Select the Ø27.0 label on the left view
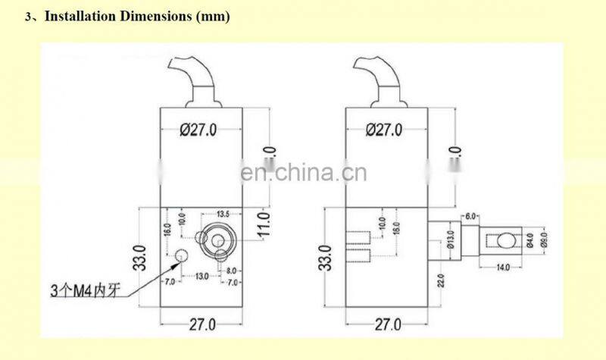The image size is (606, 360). point(198,130)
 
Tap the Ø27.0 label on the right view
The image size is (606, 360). point(383,130)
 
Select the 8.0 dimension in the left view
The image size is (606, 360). point(230,270)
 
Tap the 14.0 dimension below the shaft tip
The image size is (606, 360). point(503,268)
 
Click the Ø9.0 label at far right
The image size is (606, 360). point(544,241)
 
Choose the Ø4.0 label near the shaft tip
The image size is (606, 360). point(531,241)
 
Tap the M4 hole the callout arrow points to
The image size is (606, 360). point(181,255)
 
